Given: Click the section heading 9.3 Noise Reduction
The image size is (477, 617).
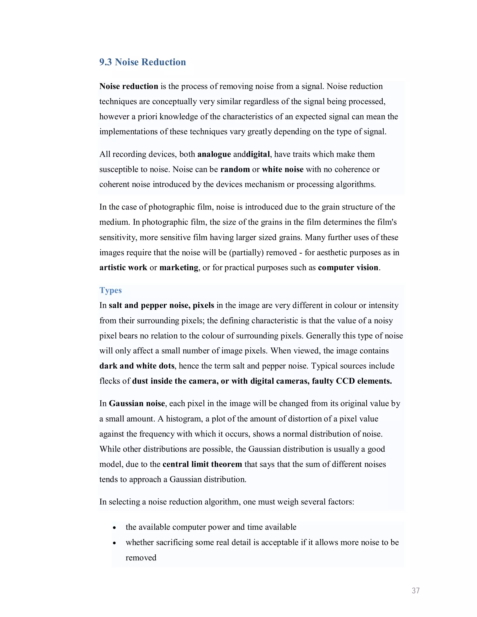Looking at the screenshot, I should point(142,62).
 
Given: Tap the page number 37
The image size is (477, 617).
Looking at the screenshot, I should point(416,590).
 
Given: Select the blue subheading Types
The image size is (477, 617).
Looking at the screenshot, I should point(110,290).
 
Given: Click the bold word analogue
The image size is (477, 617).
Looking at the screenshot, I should point(214,154).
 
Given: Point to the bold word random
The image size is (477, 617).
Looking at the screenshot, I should point(235,170).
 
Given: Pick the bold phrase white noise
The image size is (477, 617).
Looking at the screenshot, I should point(283,170).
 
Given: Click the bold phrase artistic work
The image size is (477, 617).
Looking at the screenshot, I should point(123,268).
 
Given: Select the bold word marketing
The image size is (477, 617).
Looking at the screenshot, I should point(179,268).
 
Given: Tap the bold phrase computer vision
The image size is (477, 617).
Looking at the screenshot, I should point(348,268).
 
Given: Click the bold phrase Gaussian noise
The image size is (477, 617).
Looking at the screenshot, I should point(137,403).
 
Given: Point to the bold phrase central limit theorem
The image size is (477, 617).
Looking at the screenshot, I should point(202,464).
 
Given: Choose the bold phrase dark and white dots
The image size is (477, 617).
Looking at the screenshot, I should point(137,366).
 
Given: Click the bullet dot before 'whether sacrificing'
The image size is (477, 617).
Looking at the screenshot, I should point(114,543).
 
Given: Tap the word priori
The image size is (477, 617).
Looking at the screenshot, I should point(147,117).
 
